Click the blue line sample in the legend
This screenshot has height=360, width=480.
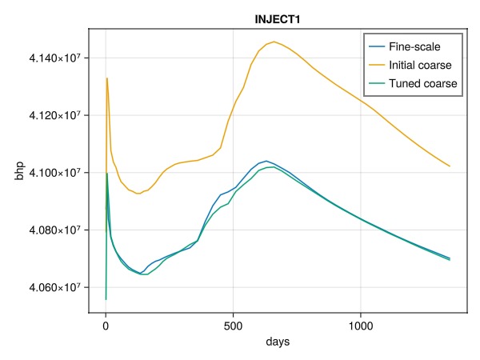point(375,46)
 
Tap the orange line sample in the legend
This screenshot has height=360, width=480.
point(375,64)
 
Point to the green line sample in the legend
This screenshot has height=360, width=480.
point(375,82)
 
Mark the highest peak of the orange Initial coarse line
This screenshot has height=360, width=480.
point(274,42)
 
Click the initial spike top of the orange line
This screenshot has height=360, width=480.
point(107,78)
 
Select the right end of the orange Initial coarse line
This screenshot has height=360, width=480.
point(450,166)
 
